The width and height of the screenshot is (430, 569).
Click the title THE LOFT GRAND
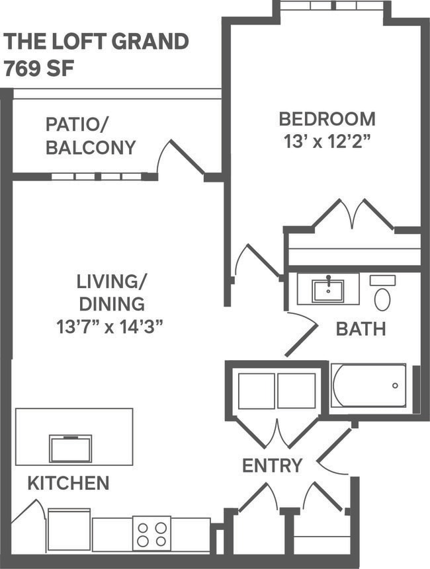[x=97, y=42]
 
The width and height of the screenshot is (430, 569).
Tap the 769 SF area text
[x=40, y=68]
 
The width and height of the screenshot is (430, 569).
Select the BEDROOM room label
[x=327, y=119]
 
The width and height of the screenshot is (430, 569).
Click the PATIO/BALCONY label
[x=91, y=135]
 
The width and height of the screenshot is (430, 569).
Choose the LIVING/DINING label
[x=111, y=292]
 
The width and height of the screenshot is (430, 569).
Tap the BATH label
[x=361, y=328]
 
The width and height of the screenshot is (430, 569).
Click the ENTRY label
[x=272, y=465]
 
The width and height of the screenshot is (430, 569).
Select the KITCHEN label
[x=68, y=483]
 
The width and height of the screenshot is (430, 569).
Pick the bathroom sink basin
[x=327, y=289]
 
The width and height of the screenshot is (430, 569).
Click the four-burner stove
[x=151, y=533]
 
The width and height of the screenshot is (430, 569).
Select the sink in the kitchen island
[x=70, y=449]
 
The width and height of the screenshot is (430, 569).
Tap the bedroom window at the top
[x=329, y=5]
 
